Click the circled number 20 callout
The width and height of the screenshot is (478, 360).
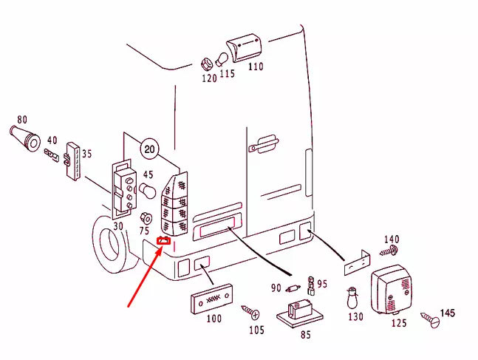[x=149, y=149]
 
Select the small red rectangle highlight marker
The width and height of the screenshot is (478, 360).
[x=163, y=241]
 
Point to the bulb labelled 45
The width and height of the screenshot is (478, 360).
[x=148, y=191]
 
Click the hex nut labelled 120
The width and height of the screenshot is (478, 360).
[x=207, y=64]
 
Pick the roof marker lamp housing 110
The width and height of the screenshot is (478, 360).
[x=245, y=47]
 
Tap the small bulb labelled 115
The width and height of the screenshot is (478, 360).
[x=222, y=59]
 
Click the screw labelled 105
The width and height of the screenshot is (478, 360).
[x=250, y=311]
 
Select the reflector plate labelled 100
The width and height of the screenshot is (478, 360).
[x=211, y=299]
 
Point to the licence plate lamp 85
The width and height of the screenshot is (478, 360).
[x=300, y=313]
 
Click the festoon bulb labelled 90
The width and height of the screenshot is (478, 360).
[x=293, y=288]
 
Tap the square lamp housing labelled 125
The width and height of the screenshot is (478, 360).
[x=392, y=290]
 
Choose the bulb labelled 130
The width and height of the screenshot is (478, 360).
[x=352, y=298]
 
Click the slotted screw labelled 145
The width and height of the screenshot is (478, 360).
[x=430, y=319]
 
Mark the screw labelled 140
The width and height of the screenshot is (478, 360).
[x=389, y=251]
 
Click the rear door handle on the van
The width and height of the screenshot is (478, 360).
[x=264, y=143]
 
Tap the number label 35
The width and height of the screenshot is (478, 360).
[x=87, y=154]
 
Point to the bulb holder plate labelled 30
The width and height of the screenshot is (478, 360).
[x=123, y=189]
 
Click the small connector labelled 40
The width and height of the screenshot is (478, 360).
[x=51, y=155]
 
